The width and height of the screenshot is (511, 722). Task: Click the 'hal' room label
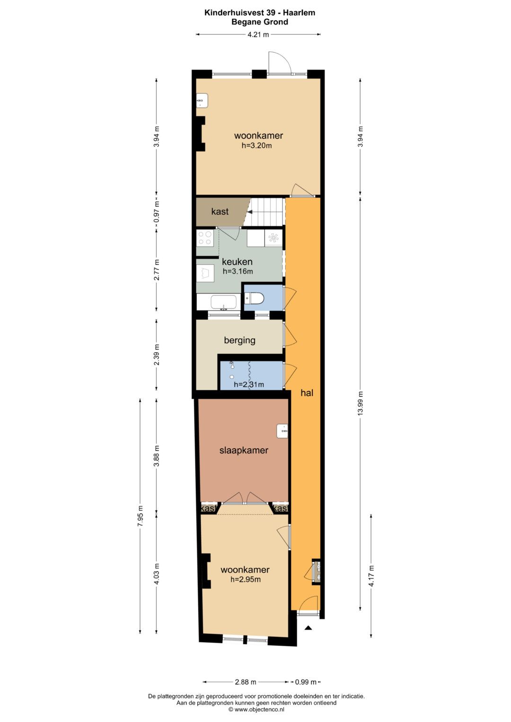[x=307, y=393]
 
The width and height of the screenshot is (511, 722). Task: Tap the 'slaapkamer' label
[x=244, y=450]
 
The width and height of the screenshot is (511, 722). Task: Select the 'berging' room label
[x=240, y=340]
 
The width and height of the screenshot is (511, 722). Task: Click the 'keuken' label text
[x=237, y=261]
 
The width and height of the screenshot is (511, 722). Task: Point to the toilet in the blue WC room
[x=254, y=298]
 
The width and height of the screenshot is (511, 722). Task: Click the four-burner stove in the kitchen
[x=205, y=238]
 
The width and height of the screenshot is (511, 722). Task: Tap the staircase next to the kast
[x=264, y=211]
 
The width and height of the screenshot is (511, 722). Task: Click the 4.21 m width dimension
[x=258, y=35]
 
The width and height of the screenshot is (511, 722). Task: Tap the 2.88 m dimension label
[x=246, y=682]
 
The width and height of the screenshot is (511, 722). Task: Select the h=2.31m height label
[x=249, y=384]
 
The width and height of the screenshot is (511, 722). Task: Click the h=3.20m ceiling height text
[x=256, y=145]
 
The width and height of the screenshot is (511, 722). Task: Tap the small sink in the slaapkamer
[x=282, y=431]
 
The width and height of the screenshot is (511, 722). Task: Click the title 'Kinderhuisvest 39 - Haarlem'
[x=260, y=13]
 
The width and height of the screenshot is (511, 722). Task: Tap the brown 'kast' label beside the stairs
[x=220, y=211]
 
